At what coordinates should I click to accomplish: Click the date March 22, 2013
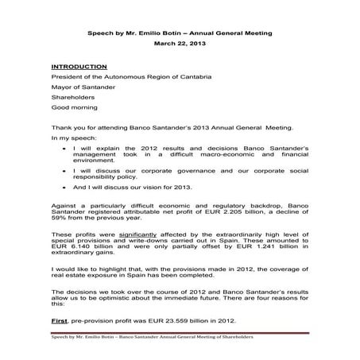(x=180, y=44)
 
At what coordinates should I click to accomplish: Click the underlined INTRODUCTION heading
(x=79, y=66)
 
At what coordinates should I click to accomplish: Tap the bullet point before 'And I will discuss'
(x=64, y=188)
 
